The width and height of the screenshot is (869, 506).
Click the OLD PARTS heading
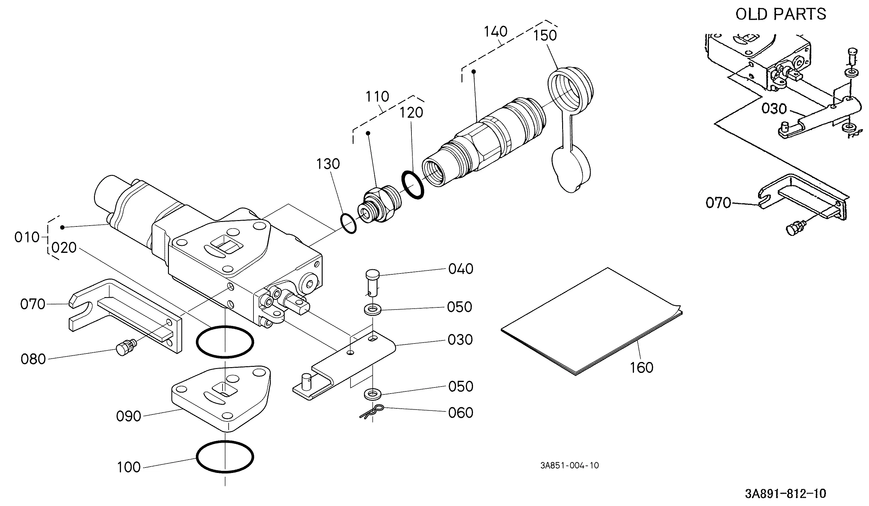coord(781,14)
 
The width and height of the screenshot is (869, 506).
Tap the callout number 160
coord(642,368)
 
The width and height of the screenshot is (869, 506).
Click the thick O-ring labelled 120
coord(413,184)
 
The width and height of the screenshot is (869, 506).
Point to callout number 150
coord(545,35)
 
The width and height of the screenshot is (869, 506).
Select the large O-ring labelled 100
coord(225,457)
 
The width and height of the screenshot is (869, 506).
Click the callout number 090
coord(129,416)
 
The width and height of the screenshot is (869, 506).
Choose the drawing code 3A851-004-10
coord(569,465)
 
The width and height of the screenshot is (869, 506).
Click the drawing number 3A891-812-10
coord(786,494)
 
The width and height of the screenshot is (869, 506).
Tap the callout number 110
coord(377,96)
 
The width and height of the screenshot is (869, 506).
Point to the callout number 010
coord(27,237)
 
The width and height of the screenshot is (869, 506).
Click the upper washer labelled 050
coord(372,309)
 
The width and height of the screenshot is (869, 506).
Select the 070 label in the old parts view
coord(718,203)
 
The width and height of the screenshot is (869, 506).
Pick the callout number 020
coord(64,247)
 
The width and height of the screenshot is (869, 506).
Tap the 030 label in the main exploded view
coord(460,340)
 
